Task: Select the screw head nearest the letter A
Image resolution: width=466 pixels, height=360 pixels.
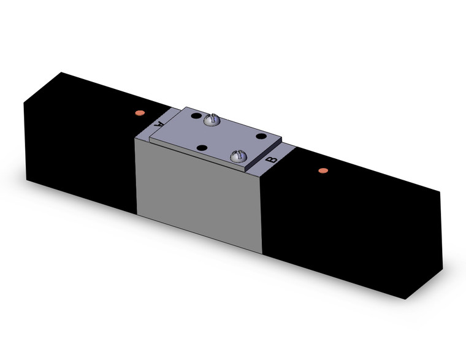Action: point(212,120)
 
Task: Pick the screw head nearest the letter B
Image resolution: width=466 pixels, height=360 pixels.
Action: point(239,157)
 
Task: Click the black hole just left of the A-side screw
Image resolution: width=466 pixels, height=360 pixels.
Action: point(195,116)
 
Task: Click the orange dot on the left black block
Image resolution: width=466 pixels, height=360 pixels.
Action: point(139,113)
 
